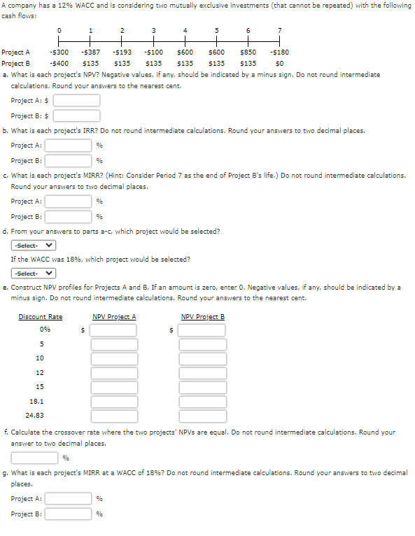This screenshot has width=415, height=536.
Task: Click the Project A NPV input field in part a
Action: point(78,100)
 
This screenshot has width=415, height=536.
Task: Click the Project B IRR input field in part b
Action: point(69,160)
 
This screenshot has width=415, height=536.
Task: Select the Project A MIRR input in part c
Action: point(69,202)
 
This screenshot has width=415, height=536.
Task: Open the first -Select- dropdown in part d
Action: point(34,246)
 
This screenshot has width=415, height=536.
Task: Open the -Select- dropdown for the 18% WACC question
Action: point(34,274)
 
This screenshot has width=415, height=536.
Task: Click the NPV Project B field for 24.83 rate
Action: point(202,417)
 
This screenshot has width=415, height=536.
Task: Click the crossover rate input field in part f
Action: point(34,458)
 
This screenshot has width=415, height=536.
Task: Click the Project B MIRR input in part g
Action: point(69,514)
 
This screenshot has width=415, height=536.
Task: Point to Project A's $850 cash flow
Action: point(248,52)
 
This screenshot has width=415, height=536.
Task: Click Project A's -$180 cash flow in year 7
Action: point(279,52)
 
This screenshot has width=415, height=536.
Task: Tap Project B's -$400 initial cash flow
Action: point(59,63)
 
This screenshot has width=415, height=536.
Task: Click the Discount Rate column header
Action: point(41,317)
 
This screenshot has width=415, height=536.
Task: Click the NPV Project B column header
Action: point(202,317)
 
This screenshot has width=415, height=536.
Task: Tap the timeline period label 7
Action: point(279,30)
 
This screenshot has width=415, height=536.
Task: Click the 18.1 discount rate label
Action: point(36,402)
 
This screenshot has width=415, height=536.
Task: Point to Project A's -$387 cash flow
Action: point(90,52)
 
